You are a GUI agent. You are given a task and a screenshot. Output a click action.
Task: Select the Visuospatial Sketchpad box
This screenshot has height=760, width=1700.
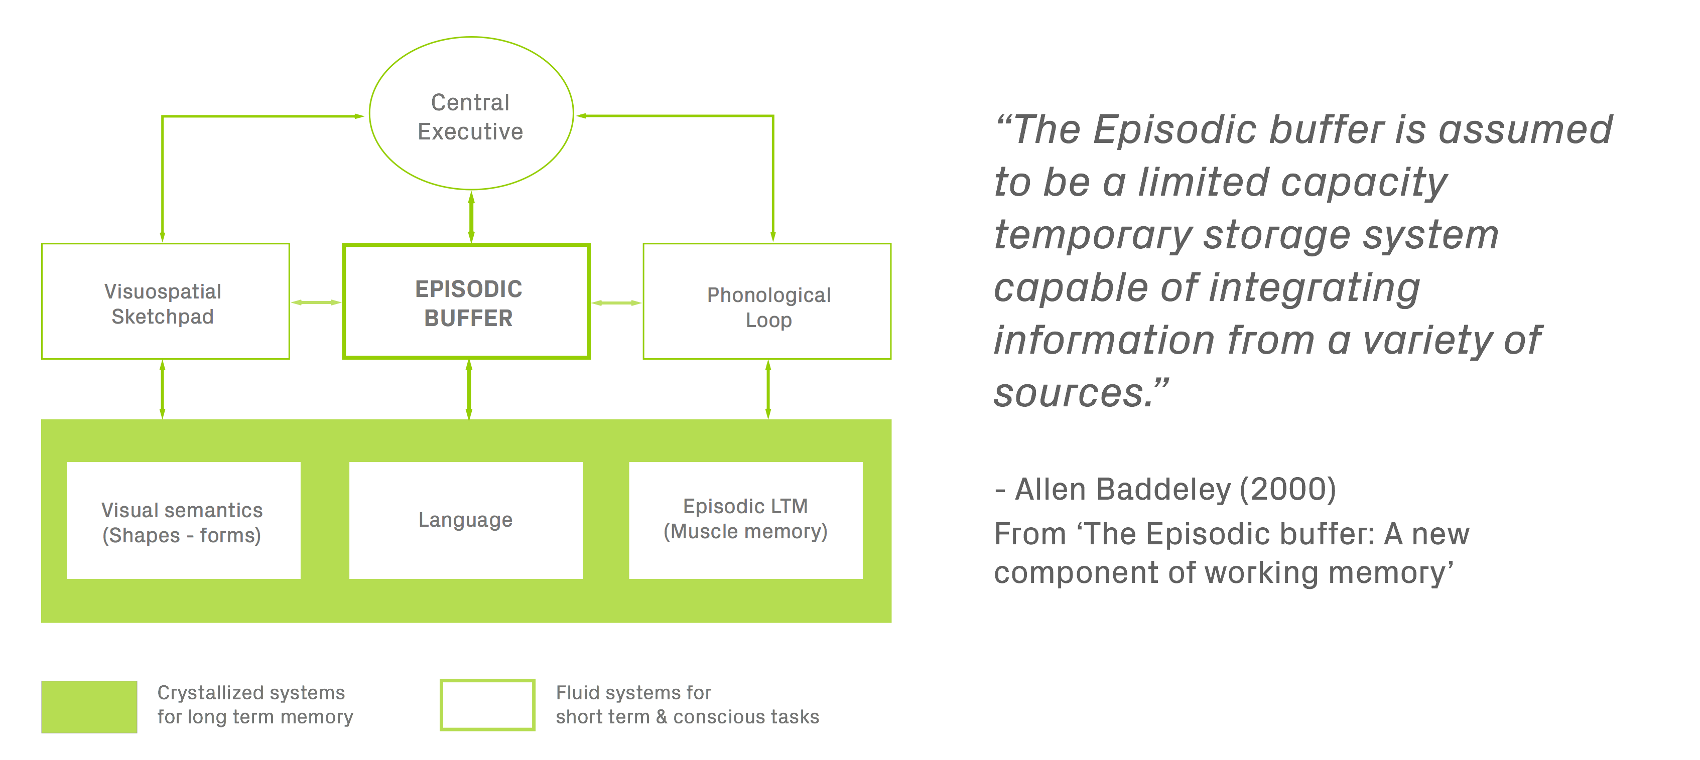165,302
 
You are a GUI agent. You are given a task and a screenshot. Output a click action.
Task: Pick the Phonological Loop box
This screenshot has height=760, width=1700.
767,302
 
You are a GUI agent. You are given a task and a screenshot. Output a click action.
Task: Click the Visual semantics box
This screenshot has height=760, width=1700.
184,521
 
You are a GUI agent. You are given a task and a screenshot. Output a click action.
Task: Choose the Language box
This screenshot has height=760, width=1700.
466,521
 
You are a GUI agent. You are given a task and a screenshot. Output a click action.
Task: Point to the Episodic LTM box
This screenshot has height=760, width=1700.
746,521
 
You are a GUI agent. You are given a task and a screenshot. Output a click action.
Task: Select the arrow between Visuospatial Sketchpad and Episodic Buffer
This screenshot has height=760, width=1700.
316,302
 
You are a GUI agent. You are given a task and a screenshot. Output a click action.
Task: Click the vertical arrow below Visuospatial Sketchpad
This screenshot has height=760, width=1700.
162,389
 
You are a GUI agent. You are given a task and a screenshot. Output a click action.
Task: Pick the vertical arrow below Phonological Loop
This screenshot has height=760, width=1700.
767,389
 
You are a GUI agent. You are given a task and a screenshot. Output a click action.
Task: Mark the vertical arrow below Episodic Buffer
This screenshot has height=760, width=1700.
469,389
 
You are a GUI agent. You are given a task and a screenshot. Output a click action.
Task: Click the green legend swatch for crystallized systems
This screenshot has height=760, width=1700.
89,706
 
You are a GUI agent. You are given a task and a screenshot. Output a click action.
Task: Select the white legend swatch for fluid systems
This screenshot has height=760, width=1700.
488,705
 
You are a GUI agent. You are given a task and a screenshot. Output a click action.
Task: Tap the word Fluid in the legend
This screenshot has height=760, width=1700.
577,693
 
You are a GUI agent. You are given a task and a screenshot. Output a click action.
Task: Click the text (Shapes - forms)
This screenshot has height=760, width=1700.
182,535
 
